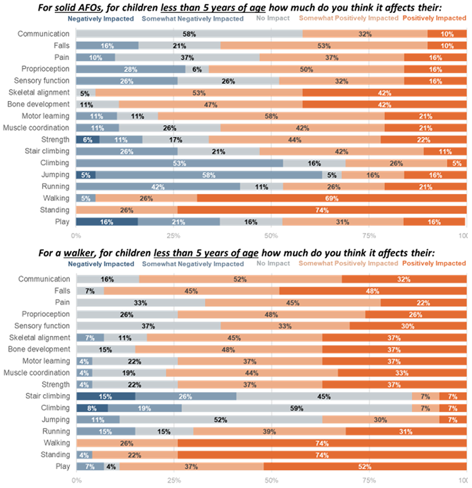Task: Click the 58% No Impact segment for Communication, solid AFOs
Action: click(x=189, y=34)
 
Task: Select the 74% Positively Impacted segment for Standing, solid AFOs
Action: click(x=321, y=210)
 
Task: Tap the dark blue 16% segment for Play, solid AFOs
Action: click(x=107, y=222)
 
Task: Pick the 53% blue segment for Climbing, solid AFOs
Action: click(x=179, y=163)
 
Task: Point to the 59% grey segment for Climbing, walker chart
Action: click(x=297, y=408)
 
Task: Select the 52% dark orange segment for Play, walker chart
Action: click(x=364, y=466)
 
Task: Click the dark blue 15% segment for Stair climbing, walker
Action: click(x=105, y=396)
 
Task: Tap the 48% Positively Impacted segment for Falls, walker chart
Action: click(x=372, y=290)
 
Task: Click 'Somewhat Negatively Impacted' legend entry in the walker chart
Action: click(x=192, y=264)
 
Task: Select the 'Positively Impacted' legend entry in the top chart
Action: click(x=434, y=18)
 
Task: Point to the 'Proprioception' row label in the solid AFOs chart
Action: click(x=45, y=69)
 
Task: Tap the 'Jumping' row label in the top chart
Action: click(x=56, y=175)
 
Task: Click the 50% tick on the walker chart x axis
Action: click(x=272, y=480)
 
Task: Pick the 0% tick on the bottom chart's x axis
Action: click(x=77, y=480)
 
